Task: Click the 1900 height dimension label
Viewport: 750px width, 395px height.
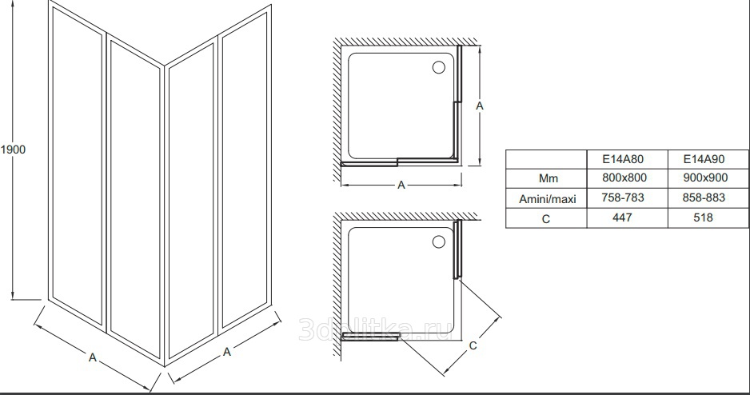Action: [14, 150]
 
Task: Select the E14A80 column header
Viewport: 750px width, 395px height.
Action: [627, 158]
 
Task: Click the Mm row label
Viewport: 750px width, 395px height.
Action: [547, 178]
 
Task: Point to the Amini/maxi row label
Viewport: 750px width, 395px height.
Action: [547, 197]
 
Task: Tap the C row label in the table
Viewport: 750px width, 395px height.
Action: [547, 217]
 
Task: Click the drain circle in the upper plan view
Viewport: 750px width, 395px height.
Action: [439, 67]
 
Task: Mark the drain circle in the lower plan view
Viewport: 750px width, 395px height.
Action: [439, 241]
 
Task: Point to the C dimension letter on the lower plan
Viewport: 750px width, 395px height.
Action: [473, 346]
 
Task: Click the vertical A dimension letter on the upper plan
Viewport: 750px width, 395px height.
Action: [479, 105]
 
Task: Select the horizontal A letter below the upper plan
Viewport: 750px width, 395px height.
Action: [402, 186]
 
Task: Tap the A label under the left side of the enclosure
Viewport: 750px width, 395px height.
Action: [93, 358]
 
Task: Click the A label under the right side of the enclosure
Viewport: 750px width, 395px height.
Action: [227, 351]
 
